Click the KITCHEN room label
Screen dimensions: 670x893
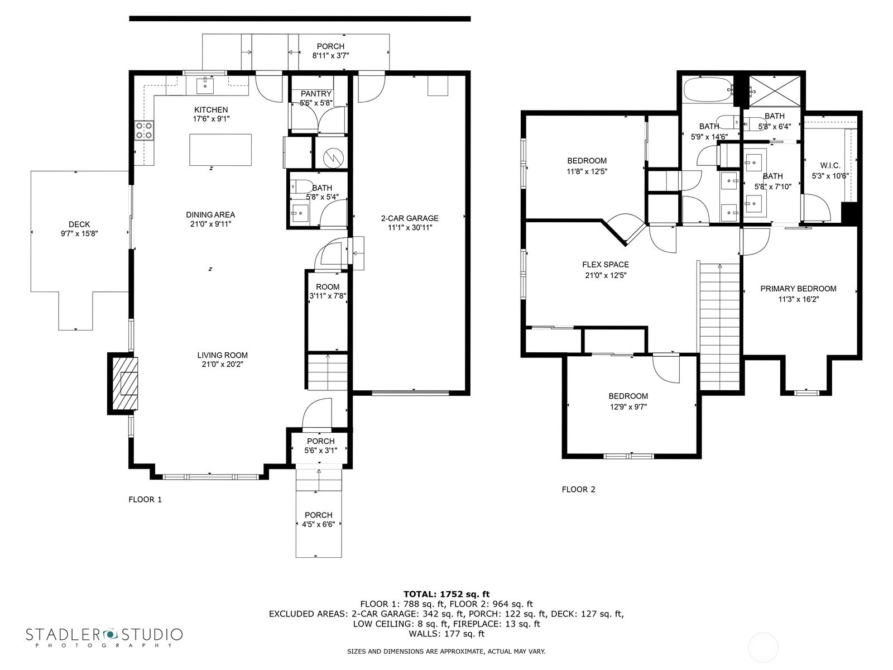pyautogui.click(x=210, y=110)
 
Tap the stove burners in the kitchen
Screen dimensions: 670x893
pyautogui.click(x=144, y=130)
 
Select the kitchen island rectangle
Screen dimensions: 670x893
pyautogui.click(x=220, y=150)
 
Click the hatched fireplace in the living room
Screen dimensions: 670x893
pyautogui.click(x=126, y=383)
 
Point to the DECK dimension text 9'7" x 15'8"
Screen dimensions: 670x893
pyautogui.click(x=79, y=234)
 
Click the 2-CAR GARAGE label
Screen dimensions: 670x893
pyautogui.click(x=410, y=218)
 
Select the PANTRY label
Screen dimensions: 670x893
pyautogui.click(x=316, y=94)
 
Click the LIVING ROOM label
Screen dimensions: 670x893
pyautogui.click(x=222, y=355)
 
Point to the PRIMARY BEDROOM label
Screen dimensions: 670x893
pyautogui.click(x=798, y=289)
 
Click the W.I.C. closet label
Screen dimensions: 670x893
pyautogui.click(x=830, y=166)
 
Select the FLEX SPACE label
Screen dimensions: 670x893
pyautogui.click(x=605, y=265)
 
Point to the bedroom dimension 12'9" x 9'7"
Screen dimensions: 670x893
pyautogui.click(x=628, y=407)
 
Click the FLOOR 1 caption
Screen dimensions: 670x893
pyautogui.click(x=145, y=500)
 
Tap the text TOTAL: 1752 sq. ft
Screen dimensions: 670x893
pyautogui.click(x=446, y=594)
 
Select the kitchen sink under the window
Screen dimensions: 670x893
pyautogui.click(x=205, y=85)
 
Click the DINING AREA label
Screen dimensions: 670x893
pyautogui.click(x=210, y=214)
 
